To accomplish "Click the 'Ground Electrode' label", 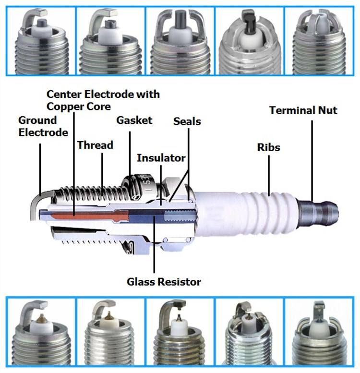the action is tap(43, 126).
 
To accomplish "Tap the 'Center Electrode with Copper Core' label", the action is tap(103, 99).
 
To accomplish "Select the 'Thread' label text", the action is tap(95, 144).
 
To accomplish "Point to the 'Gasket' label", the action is tap(134, 120).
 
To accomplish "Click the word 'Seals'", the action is tap(187, 121).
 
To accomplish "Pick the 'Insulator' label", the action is tap(161, 157).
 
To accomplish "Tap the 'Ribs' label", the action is tap(268, 147).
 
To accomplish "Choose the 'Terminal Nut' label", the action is tap(303, 110).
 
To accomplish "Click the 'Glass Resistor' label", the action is tap(164, 281).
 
